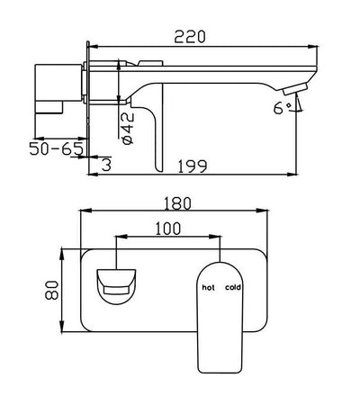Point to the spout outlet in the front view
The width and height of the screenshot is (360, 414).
[x=115, y=287]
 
